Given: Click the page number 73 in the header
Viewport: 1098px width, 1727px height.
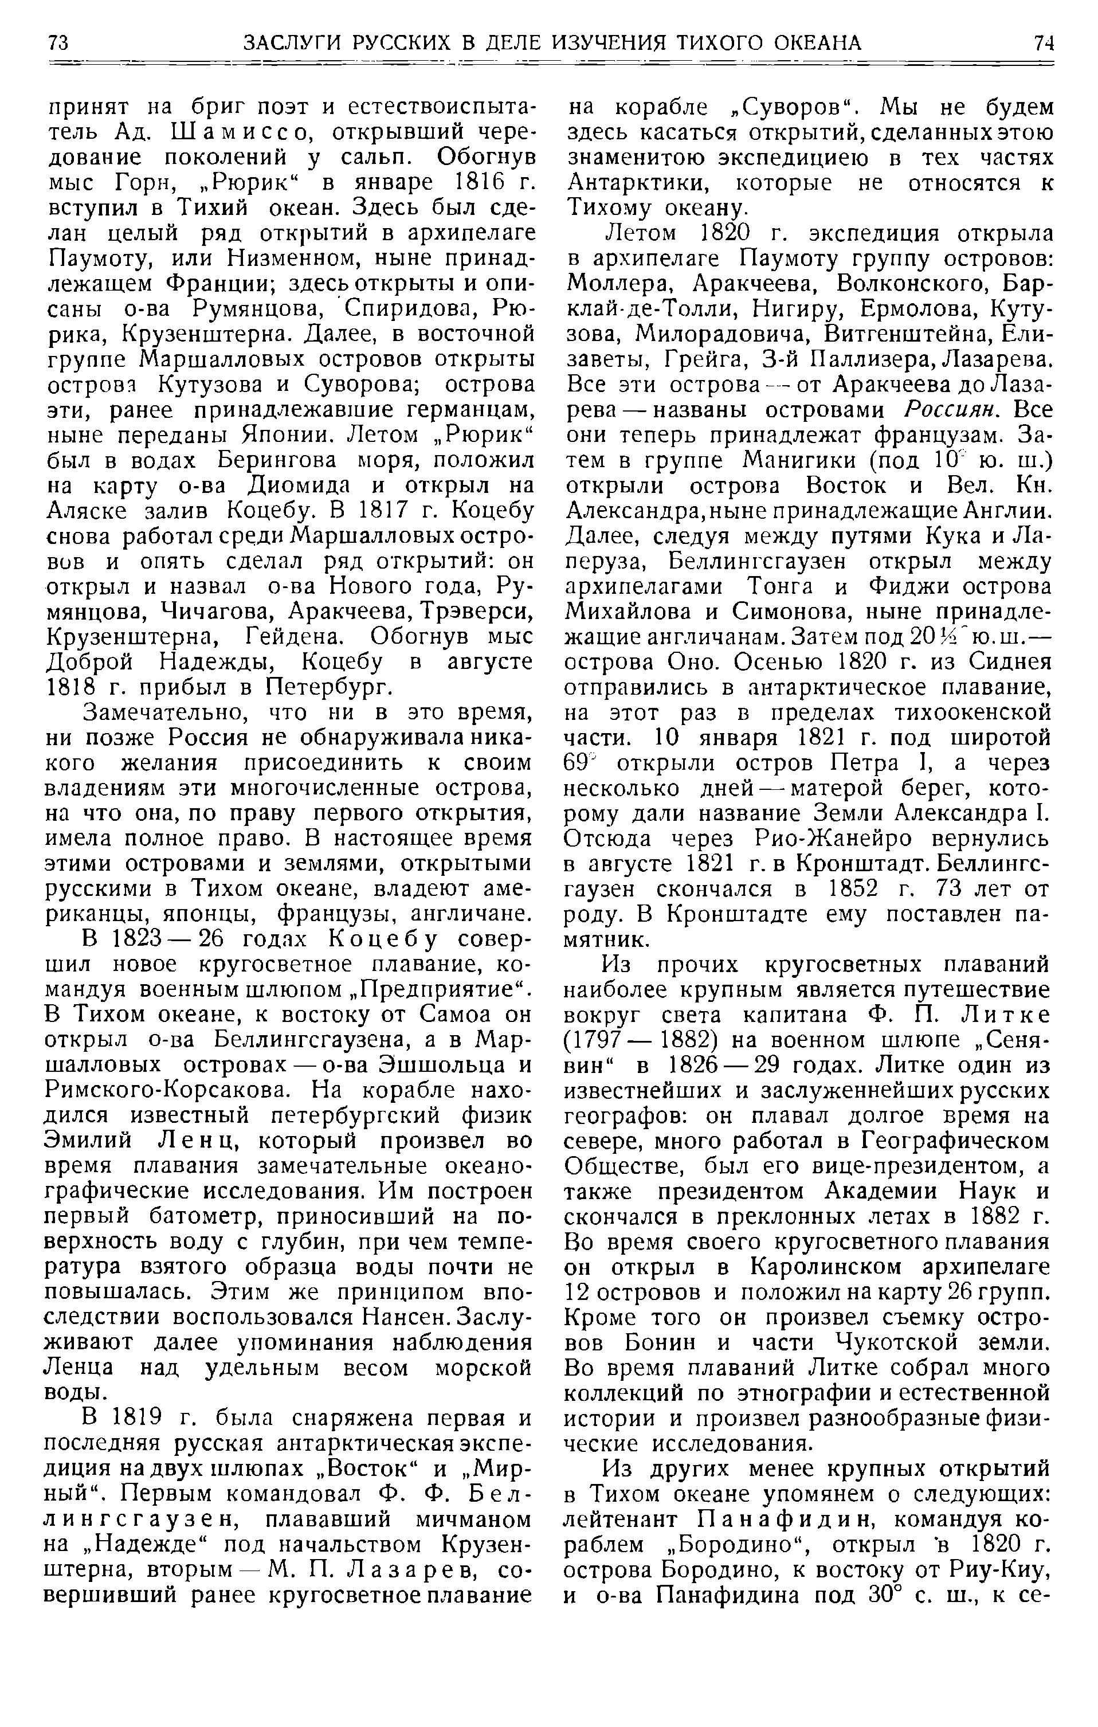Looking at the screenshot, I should click(58, 43).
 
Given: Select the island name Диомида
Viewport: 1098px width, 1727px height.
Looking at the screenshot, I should click(311, 486).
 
